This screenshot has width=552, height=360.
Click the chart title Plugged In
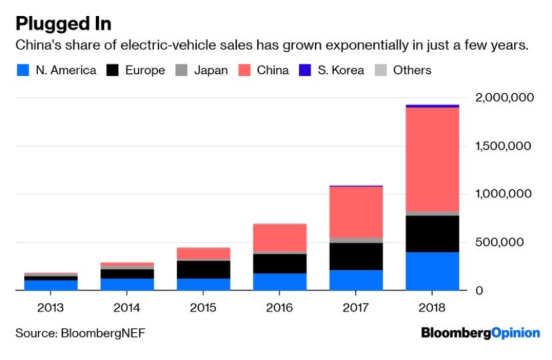pyautogui.click(x=63, y=23)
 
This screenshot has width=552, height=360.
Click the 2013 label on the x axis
pyautogui.click(x=51, y=309)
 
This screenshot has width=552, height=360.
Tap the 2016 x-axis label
pyautogui.click(x=280, y=309)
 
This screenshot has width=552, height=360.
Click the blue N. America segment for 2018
pyautogui.click(x=433, y=271)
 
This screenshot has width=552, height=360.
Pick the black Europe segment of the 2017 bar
pyautogui.click(x=356, y=256)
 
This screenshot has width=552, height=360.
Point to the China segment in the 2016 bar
pyautogui.click(x=280, y=237)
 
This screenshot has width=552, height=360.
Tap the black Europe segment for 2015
pyautogui.click(x=203, y=269)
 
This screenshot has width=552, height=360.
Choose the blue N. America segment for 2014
pyautogui.click(x=127, y=284)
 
